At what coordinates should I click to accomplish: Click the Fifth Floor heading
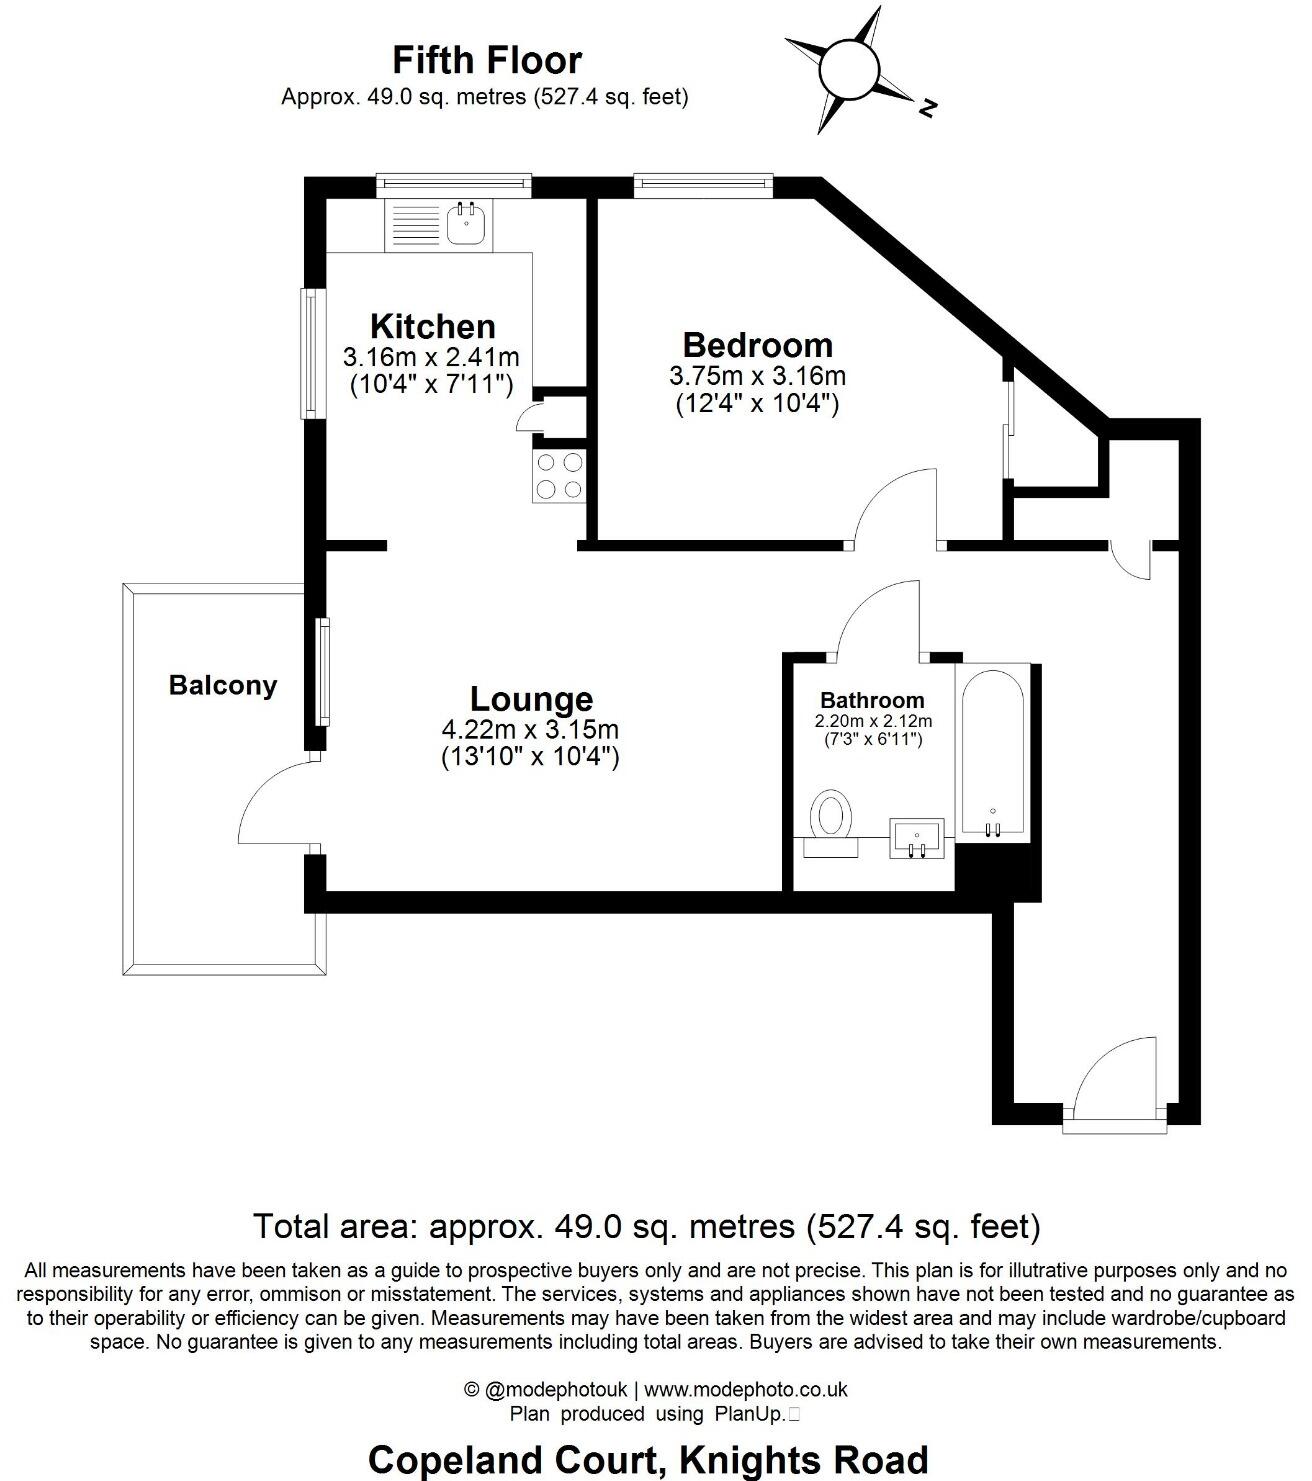point(486,61)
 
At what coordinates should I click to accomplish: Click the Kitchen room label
point(432,326)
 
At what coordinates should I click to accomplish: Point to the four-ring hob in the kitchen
point(560,476)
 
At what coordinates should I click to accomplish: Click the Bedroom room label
point(757,345)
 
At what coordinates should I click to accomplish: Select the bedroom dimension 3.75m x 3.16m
point(757,376)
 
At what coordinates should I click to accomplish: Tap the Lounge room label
point(531,698)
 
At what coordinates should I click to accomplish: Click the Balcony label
point(222,686)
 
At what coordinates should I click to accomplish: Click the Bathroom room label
point(872,700)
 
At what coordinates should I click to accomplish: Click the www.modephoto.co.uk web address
point(745,1390)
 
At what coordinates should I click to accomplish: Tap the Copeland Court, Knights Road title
point(648,1460)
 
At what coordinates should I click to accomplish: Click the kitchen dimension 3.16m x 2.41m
point(431,357)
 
